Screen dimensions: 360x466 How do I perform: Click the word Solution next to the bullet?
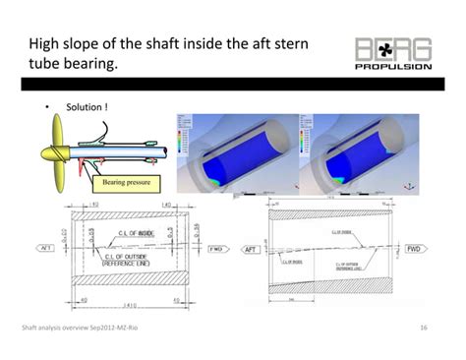(x=84, y=106)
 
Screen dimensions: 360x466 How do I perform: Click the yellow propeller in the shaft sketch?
(x=48, y=157)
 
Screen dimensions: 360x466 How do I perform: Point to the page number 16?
(x=422, y=328)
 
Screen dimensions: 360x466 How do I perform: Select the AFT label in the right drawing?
(x=254, y=249)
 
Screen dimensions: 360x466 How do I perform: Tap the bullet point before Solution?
(x=46, y=106)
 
